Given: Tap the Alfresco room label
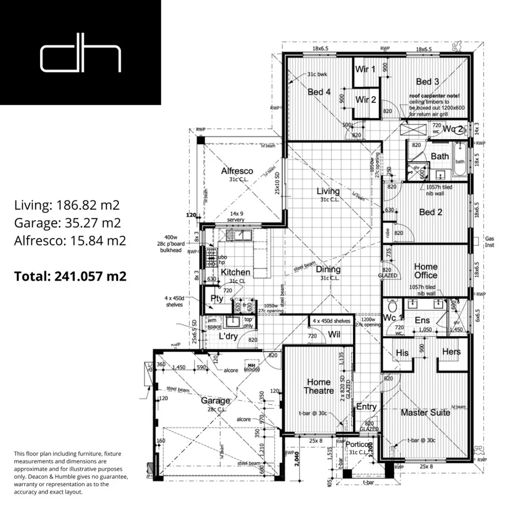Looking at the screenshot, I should (237, 171).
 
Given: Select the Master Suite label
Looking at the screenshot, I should (425, 413).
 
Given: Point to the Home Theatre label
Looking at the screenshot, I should (319, 386).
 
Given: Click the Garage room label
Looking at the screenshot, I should (215, 401).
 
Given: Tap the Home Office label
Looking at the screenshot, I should (426, 271).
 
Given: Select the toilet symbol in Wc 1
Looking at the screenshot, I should (393, 306).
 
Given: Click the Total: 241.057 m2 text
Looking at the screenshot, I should (70, 277).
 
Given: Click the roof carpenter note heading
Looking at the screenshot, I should (434, 96).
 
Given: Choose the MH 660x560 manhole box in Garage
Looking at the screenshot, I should (252, 367).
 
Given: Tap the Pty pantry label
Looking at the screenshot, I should (216, 299).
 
